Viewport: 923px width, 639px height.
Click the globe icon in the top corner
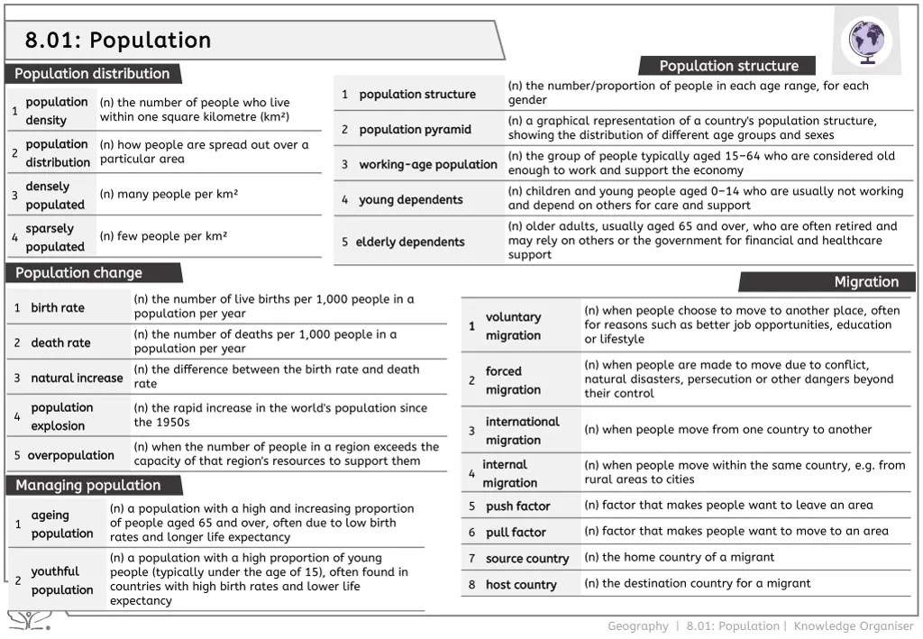click(x=866, y=41)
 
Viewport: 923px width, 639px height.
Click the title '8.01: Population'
click(x=118, y=41)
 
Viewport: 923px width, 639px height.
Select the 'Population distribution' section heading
click(x=92, y=74)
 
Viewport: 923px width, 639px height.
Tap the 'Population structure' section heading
click(x=728, y=66)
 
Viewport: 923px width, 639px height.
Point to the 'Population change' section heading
click(x=78, y=273)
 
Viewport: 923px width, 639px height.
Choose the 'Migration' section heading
click(x=866, y=282)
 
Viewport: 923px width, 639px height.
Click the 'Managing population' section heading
click(x=87, y=486)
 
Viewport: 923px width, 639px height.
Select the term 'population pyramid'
click(x=415, y=130)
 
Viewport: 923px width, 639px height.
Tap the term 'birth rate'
click(x=58, y=308)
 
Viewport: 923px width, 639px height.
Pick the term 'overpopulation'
click(x=70, y=456)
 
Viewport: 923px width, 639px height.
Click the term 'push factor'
click(x=517, y=507)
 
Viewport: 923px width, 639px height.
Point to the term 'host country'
click(x=521, y=585)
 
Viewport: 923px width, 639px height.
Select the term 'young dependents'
click(x=410, y=200)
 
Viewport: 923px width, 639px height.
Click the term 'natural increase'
click(x=77, y=379)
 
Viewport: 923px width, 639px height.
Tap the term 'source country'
click(x=527, y=559)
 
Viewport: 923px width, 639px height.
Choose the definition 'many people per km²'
click(x=169, y=195)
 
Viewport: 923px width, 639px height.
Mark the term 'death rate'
click(x=60, y=343)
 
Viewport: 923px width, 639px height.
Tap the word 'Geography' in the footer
click(x=637, y=626)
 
